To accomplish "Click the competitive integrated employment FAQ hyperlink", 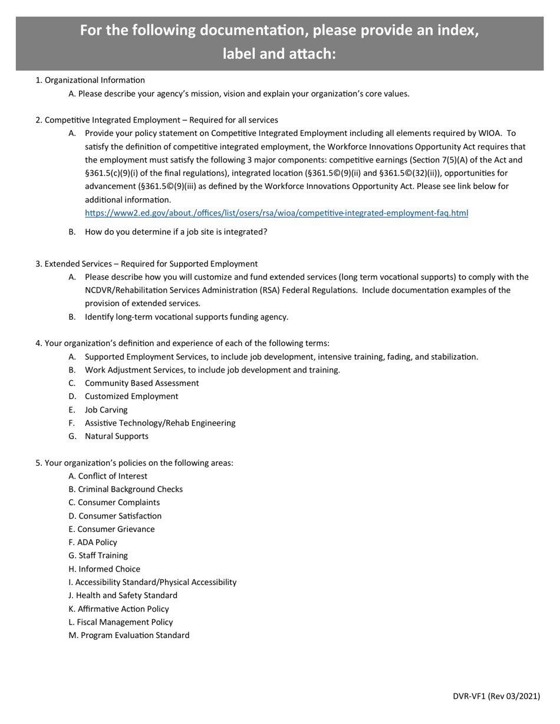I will click(276, 212).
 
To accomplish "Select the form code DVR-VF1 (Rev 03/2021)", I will click(496, 696).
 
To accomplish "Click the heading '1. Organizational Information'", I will click(90, 80).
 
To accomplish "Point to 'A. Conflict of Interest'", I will click(108, 476).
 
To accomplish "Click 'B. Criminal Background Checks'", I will click(126, 489).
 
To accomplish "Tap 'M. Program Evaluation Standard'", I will click(129, 635).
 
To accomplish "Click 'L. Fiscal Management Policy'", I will click(121, 622).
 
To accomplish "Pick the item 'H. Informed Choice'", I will click(104, 569).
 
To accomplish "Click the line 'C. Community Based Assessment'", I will click(133, 383).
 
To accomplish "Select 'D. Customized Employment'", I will click(123, 396).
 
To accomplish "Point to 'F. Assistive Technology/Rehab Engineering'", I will click(151, 423).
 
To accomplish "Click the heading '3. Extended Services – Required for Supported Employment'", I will click(146, 264).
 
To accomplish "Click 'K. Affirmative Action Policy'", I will click(118, 609).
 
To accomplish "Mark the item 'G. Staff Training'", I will click(98, 555).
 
